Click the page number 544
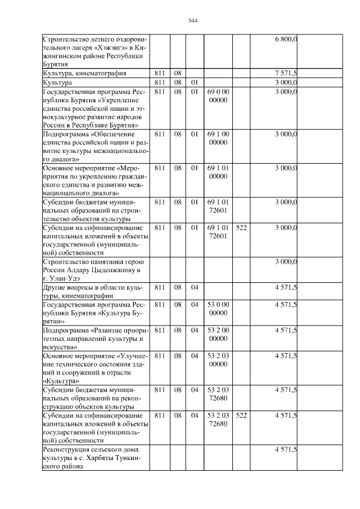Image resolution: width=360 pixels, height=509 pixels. tap(192, 21)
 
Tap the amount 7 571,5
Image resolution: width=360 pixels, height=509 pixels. tap(286, 74)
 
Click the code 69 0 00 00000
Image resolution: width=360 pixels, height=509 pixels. tap(218, 95)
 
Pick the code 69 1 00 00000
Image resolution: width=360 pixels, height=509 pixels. tap(218, 138)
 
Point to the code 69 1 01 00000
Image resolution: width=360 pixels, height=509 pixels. tap(218, 172)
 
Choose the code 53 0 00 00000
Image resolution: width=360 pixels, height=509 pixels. tap(218, 309)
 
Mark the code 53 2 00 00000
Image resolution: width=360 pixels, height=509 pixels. tap(218, 334)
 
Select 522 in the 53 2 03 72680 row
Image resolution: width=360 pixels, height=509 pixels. tap(241, 416)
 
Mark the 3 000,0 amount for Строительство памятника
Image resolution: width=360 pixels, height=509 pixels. tap(286, 262)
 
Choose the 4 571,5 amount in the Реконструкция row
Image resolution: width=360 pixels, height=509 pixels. tap(286, 449)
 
